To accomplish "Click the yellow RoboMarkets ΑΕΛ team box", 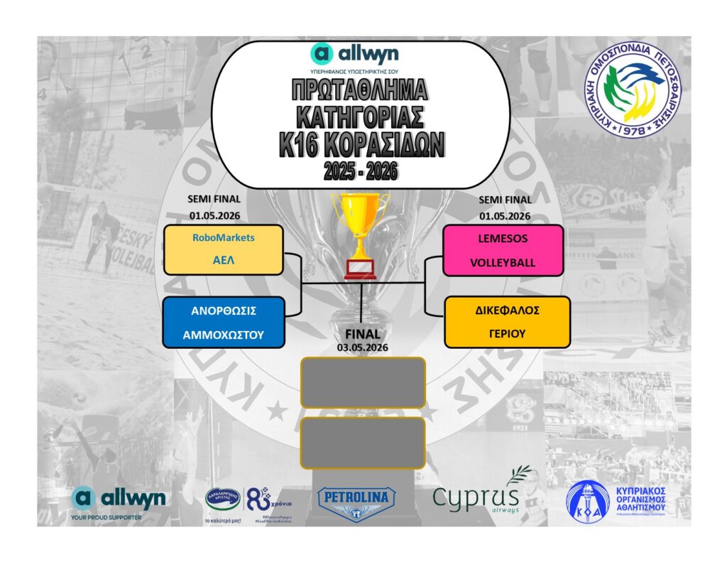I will click(223, 250).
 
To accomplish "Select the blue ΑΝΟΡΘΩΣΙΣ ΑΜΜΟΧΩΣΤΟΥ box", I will click(223, 322).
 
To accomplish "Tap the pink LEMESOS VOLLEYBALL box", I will click(503, 250).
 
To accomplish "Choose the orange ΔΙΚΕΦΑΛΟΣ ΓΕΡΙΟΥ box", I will click(507, 322).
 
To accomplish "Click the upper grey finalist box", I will click(363, 382).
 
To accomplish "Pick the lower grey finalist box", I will click(363, 443).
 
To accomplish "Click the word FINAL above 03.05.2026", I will click(363, 334).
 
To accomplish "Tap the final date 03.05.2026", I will click(363, 347).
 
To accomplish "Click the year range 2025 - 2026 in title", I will click(361, 171).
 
